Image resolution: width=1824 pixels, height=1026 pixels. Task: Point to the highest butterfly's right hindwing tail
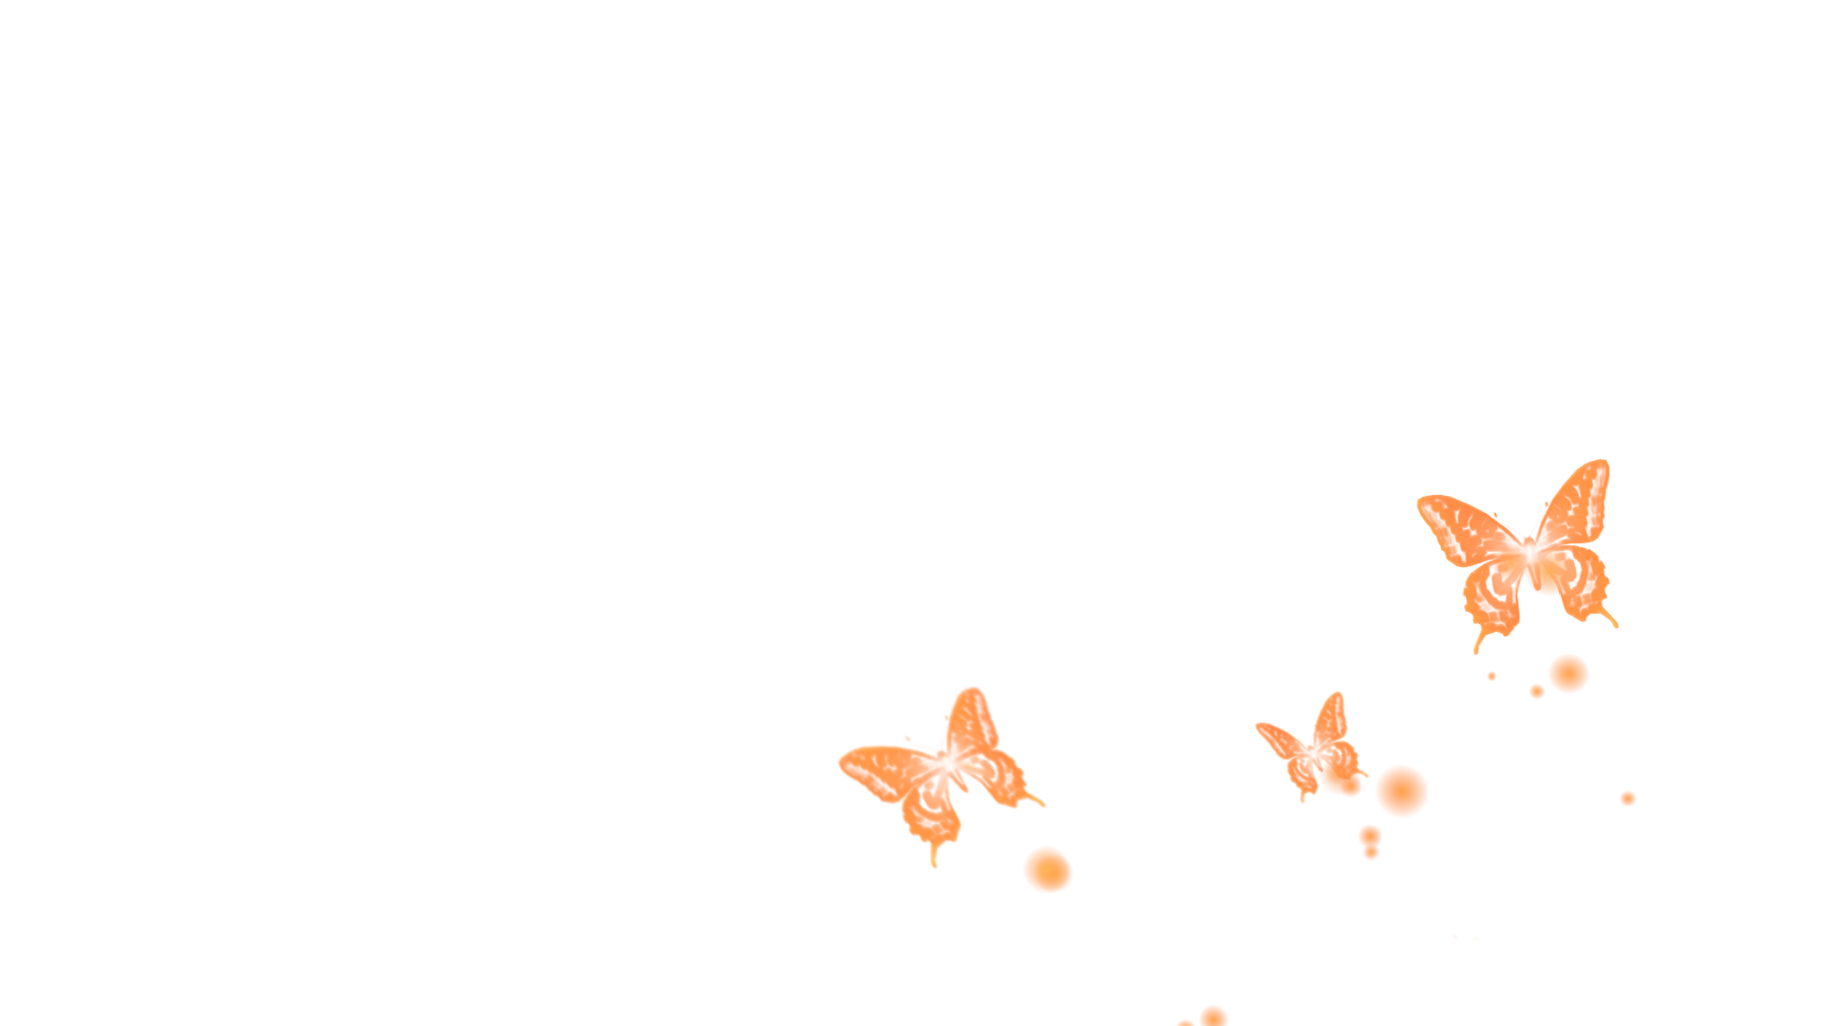click(1611, 618)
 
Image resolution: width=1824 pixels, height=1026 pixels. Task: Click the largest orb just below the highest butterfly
click(1568, 674)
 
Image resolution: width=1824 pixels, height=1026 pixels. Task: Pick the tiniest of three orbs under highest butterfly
click(1491, 675)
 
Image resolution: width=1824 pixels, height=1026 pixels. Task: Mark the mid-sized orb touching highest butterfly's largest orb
click(1537, 692)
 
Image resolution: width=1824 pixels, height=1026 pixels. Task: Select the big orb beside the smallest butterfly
click(1401, 790)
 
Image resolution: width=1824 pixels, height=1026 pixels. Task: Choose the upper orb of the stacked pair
click(1370, 835)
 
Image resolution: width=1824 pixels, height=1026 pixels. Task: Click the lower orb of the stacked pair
click(1371, 853)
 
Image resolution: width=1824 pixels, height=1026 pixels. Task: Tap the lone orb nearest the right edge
click(1627, 798)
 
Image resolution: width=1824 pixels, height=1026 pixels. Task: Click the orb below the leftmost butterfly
click(1048, 869)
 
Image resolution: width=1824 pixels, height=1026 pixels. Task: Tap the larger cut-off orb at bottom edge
click(1213, 1016)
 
